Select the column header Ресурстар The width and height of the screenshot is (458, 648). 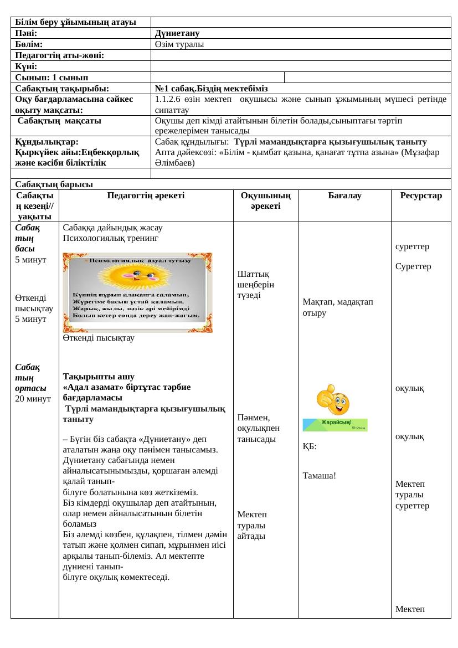[x=421, y=196]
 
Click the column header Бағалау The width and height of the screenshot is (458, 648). [x=344, y=196]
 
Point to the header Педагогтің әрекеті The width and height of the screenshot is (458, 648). [x=146, y=196]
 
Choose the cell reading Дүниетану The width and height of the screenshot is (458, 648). [x=177, y=33]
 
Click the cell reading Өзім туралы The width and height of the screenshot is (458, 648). [x=179, y=44]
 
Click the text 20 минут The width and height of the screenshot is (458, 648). [x=33, y=398]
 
